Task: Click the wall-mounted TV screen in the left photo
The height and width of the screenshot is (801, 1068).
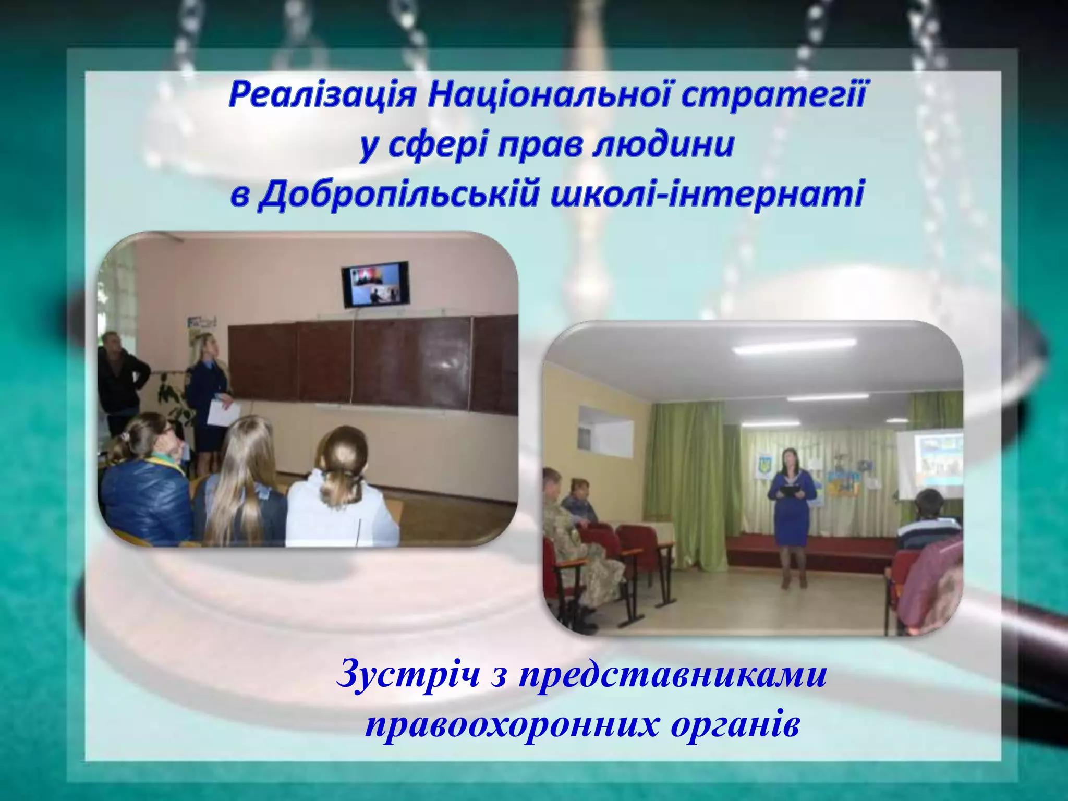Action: pos(375,284)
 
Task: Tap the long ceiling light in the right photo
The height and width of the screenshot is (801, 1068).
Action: pos(796,347)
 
